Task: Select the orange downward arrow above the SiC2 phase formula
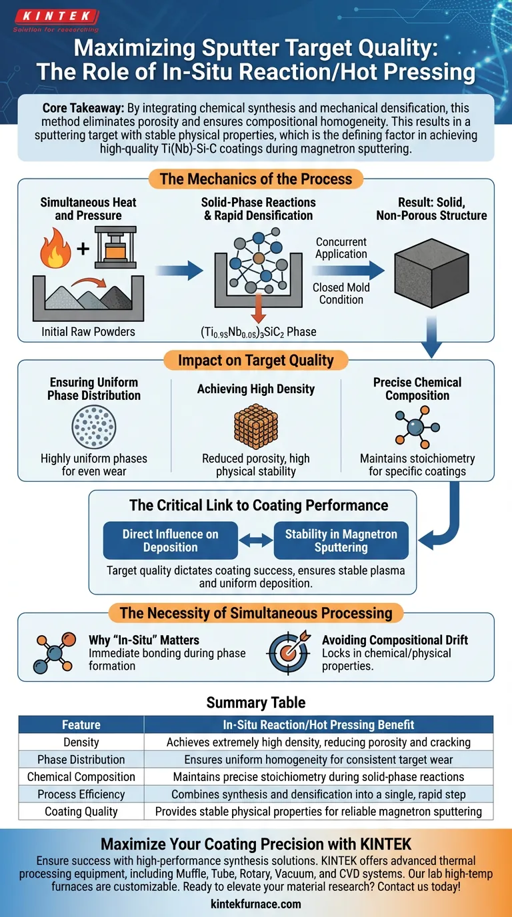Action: [257, 313]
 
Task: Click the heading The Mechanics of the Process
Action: [255, 179]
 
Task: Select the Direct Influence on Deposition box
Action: [170, 540]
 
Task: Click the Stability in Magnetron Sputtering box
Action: [341, 540]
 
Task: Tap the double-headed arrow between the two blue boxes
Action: [256, 541]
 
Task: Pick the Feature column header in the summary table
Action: [81, 724]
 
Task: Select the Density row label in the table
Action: [81, 742]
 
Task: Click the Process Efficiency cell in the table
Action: [81, 794]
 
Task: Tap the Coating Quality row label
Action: [81, 811]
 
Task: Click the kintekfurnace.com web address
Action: [256, 904]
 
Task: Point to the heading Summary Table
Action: [255, 702]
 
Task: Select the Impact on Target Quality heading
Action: [255, 361]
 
